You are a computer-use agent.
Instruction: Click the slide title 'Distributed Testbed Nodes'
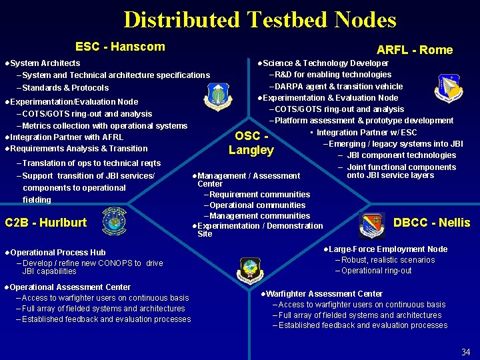tap(259, 19)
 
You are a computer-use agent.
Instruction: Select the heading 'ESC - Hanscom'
tap(120, 47)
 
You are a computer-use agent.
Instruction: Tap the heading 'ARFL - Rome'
tap(414, 50)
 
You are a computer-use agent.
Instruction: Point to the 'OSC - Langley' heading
tap(251, 143)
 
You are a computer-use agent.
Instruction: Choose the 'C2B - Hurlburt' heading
tap(45, 223)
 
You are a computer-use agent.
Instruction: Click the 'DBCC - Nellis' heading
tap(431, 223)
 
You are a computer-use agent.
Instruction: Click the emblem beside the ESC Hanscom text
tap(219, 97)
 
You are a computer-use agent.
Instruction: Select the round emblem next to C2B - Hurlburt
tap(113, 221)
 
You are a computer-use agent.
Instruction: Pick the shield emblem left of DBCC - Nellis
tap(371, 224)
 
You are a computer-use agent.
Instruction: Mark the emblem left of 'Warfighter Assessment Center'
tap(251, 269)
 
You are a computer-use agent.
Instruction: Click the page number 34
tap(465, 351)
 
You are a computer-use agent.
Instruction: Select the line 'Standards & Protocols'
tap(65, 88)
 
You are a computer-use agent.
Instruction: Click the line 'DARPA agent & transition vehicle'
tap(339, 86)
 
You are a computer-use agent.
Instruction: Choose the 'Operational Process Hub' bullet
tap(57, 253)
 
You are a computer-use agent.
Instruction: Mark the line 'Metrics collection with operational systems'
tap(105, 126)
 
